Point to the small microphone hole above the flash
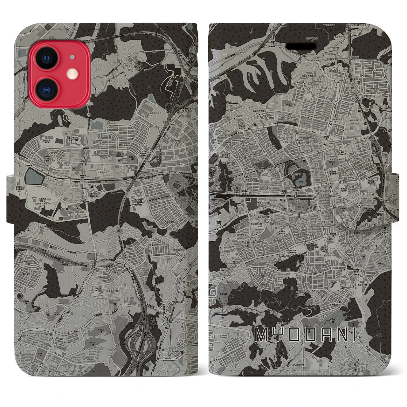pyautogui.click(x=73, y=57)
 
